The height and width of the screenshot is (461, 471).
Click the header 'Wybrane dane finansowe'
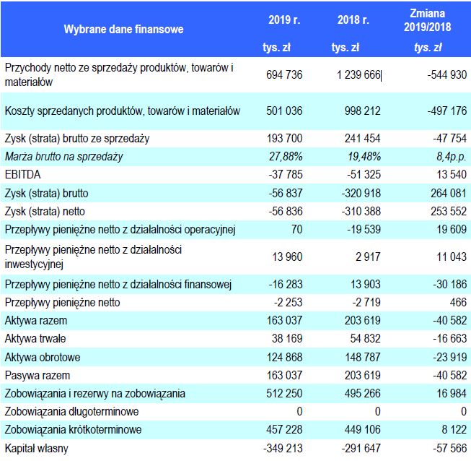[123, 30]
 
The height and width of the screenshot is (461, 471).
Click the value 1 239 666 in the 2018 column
[358, 76]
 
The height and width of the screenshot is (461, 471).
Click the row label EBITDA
[21, 174]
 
